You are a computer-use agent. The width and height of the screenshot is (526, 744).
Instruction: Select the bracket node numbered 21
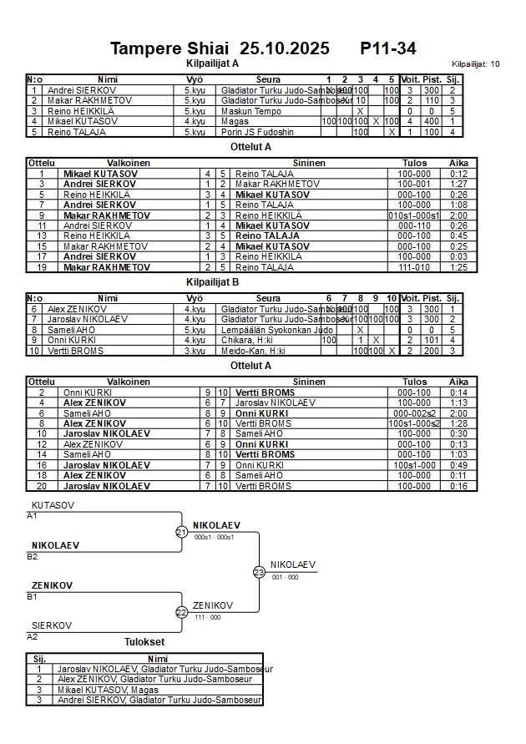[181, 532]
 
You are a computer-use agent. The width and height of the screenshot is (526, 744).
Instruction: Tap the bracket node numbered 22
[181, 612]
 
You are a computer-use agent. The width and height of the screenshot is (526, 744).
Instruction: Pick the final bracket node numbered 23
[259, 572]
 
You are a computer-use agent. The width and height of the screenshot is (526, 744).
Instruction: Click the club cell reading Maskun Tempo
[245, 111]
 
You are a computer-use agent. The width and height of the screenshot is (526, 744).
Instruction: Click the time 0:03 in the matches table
[458, 256]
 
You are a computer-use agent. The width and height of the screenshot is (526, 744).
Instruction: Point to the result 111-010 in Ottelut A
[414, 267]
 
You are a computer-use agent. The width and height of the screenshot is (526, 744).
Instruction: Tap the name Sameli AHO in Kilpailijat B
[67, 330]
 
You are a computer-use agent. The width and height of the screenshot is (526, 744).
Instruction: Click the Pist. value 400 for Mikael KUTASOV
[431, 121]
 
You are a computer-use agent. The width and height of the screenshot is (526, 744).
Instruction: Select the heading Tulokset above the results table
[144, 642]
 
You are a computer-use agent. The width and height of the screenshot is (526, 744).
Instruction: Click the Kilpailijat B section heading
[212, 282]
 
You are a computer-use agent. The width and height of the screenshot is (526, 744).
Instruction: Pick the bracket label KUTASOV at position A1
[52, 506]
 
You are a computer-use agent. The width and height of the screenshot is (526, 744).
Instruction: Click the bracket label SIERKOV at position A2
[51, 625]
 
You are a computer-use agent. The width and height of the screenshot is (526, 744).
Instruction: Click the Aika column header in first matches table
[458, 163]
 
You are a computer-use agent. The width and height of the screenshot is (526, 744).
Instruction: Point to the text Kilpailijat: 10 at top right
[475, 64]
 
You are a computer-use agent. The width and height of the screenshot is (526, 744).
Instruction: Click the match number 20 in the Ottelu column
[41, 486]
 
